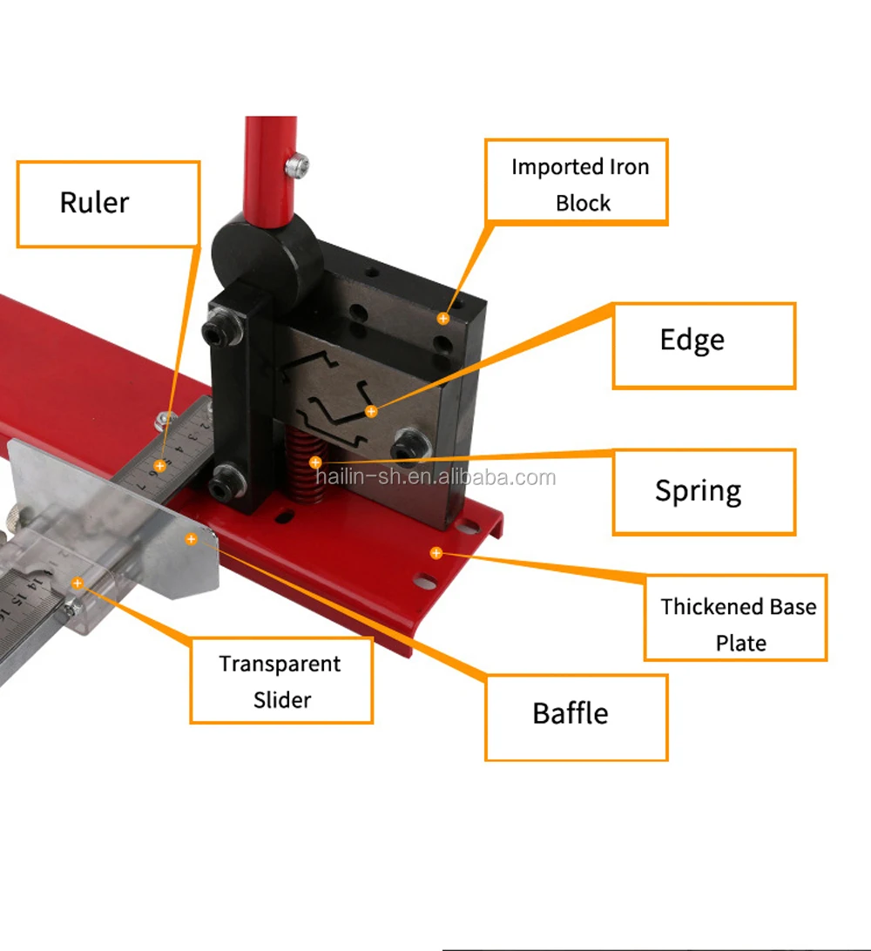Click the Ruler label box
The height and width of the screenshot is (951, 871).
[x=108, y=204]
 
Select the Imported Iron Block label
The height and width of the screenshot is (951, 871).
[x=577, y=183]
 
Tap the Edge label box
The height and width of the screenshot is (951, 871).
[x=704, y=345]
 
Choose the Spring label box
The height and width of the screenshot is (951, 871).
[x=704, y=491]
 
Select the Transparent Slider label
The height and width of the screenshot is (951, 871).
[x=281, y=680]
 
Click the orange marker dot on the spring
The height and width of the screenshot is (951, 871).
[x=315, y=462]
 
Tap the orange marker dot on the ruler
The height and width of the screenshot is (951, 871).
[x=159, y=467]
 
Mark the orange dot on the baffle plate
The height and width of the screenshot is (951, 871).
[x=191, y=539]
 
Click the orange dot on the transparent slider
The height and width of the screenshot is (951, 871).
[x=78, y=583]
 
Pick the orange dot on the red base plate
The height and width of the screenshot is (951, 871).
[x=435, y=553]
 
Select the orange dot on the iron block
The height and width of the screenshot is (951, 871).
[x=442, y=319]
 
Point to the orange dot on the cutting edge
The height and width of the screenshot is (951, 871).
[x=371, y=411]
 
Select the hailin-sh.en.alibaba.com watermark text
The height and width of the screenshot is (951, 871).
[x=435, y=477]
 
